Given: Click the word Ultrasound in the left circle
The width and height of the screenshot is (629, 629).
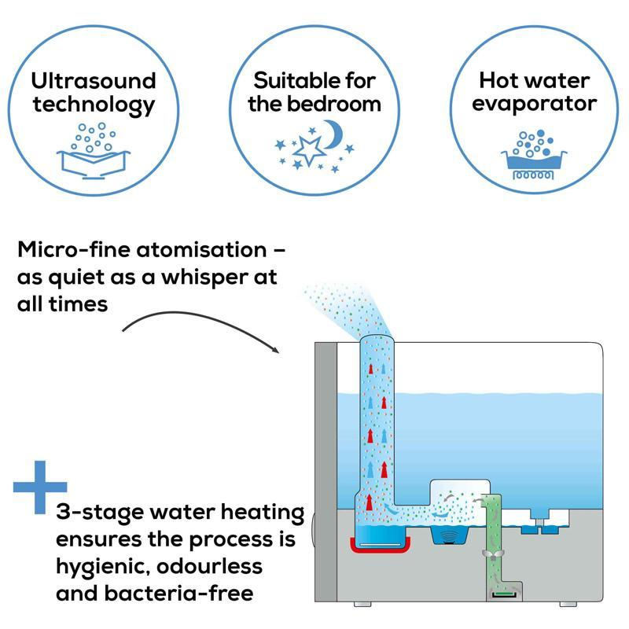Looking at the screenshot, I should pyautogui.click(x=94, y=80).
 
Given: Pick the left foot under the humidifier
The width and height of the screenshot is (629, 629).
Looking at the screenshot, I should pyautogui.click(x=359, y=605).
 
